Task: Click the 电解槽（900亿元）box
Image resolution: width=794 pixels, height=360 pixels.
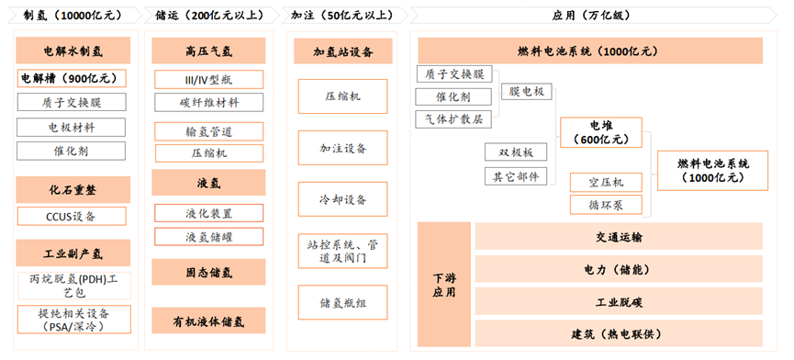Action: tap(72, 79)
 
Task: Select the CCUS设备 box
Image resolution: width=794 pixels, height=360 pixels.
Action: tap(72, 217)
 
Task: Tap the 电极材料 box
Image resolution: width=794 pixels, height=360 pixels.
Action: tap(72, 127)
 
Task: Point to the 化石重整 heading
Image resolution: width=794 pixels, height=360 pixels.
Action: tap(72, 190)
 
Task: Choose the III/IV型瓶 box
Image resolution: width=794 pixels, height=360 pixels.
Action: tap(208, 80)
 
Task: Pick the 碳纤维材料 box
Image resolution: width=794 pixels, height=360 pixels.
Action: tap(208, 102)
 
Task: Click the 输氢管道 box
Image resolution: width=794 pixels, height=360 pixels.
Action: tap(208, 131)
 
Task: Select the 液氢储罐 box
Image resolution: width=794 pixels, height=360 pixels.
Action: tap(208, 237)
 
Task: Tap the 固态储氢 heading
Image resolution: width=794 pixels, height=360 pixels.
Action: tap(208, 272)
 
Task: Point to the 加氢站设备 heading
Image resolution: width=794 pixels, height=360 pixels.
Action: tap(343, 51)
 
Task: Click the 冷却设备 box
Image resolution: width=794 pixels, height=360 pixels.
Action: tap(343, 199)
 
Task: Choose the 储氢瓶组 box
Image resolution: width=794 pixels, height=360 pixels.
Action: tap(343, 302)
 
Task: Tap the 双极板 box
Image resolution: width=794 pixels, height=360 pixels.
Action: tap(516, 152)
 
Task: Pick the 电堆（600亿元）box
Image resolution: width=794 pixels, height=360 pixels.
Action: tap(600, 132)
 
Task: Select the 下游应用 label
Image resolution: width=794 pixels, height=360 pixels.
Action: tap(443, 285)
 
